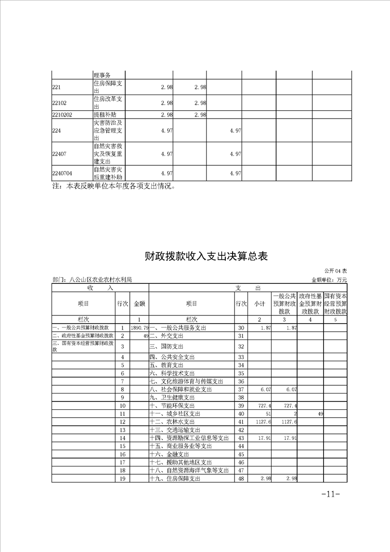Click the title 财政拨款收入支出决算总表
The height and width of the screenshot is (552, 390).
coord(206,256)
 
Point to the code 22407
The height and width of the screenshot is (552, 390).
coord(60,154)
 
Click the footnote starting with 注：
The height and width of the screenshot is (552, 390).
coord(114,186)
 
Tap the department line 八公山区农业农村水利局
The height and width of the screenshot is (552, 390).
coord(92,279)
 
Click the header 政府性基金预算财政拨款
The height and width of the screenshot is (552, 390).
coord(310,304)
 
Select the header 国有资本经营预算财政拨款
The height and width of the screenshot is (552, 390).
coord(335,304)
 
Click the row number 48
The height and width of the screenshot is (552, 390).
coord(241,478)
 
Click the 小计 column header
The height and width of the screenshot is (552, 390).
coord(260,304)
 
